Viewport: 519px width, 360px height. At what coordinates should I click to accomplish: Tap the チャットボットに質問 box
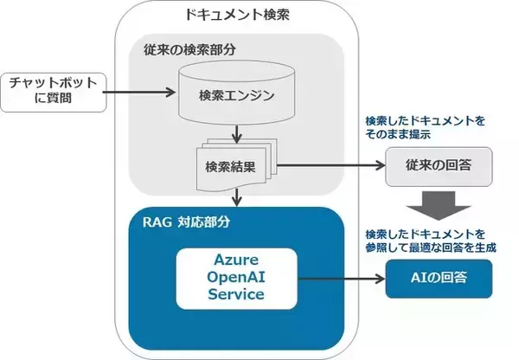[x=51, y=92]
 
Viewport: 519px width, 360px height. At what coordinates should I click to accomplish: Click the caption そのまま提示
[x=398, y=136]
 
